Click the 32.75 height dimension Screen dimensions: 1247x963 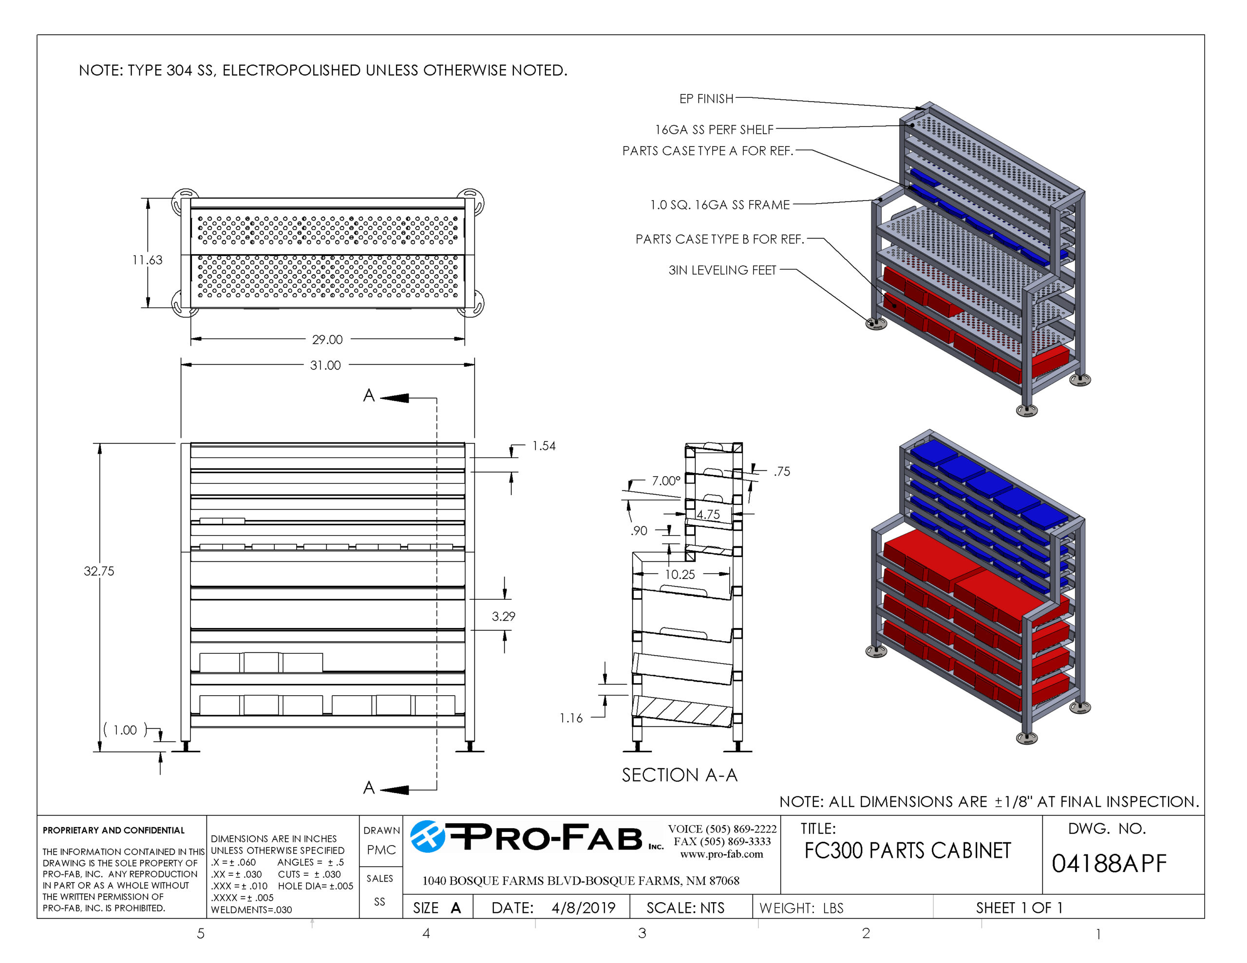[x=99, y=571]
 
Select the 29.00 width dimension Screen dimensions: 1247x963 [x=327, y=340]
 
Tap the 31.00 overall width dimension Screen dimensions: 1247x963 [x=325, y=365]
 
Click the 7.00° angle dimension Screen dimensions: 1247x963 [x=666, y=481]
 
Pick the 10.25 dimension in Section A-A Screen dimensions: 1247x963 [x=680, y=574]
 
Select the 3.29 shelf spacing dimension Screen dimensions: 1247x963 [x=504, y=616]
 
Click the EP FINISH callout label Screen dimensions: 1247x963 [x=706, y=99]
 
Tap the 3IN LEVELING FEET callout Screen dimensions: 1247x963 [x=722, y=270]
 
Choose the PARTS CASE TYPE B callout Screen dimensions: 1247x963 [x=719, y=239]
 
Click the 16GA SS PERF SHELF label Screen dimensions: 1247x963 [x=714, y=130]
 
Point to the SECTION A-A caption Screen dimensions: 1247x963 [x=680, y=775]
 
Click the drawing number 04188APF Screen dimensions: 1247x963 [x=1109, y=864]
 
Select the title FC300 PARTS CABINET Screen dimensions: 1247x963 [x=907, y=851]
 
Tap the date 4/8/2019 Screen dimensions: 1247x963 [x=583, y=907]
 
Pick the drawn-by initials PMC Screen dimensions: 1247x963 [x=381, y=850]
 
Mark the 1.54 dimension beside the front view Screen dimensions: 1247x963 [x=544, y=446]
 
